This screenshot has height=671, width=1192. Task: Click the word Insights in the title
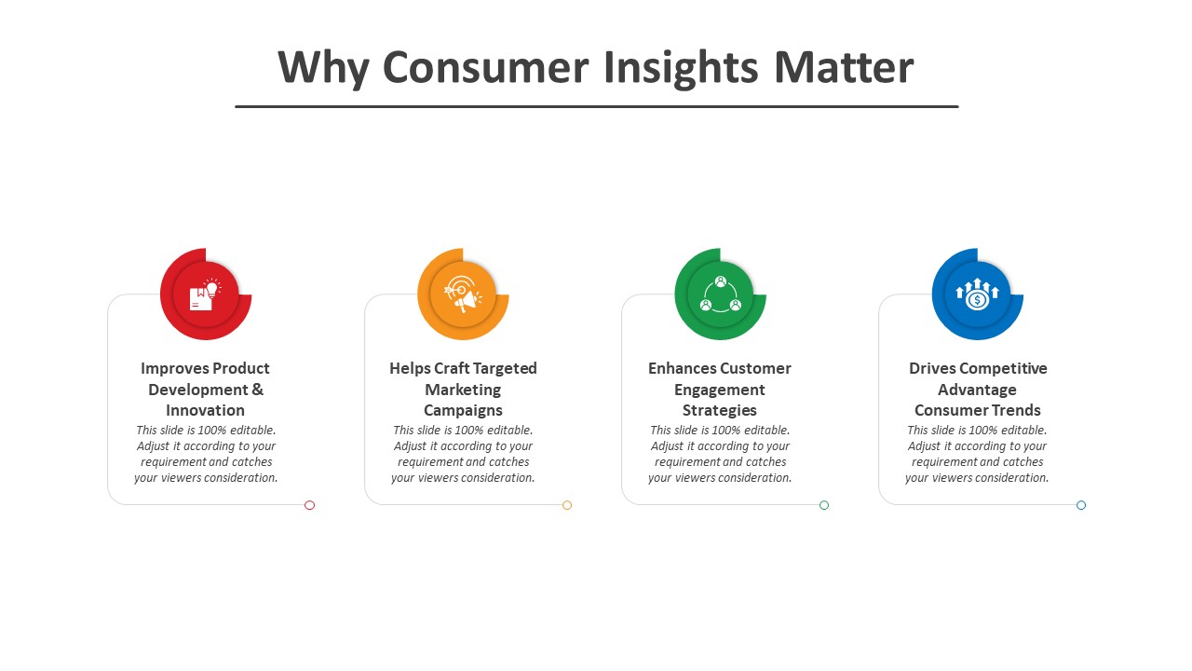[681, 68]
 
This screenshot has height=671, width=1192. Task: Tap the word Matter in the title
[844, 67]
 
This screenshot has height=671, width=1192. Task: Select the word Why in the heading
[323, 68]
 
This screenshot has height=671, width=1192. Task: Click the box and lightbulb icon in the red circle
[206, 294]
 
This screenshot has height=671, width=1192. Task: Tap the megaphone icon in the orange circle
[463, 294]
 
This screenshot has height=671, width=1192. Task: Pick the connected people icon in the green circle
[720, 294]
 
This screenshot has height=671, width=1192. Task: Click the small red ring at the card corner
[310, 505]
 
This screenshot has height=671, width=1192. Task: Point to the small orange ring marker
[567, 505]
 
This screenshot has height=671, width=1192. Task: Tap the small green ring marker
[824, 505]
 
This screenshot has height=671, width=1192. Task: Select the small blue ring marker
[1081, 505]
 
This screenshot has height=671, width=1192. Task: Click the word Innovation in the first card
[206, 411]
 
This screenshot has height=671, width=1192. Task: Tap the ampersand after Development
[258, 390]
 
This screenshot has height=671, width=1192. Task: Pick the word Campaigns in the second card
[463, 411]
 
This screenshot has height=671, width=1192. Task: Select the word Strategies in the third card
[720, 411]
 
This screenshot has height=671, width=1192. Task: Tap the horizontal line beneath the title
[597, 106]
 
